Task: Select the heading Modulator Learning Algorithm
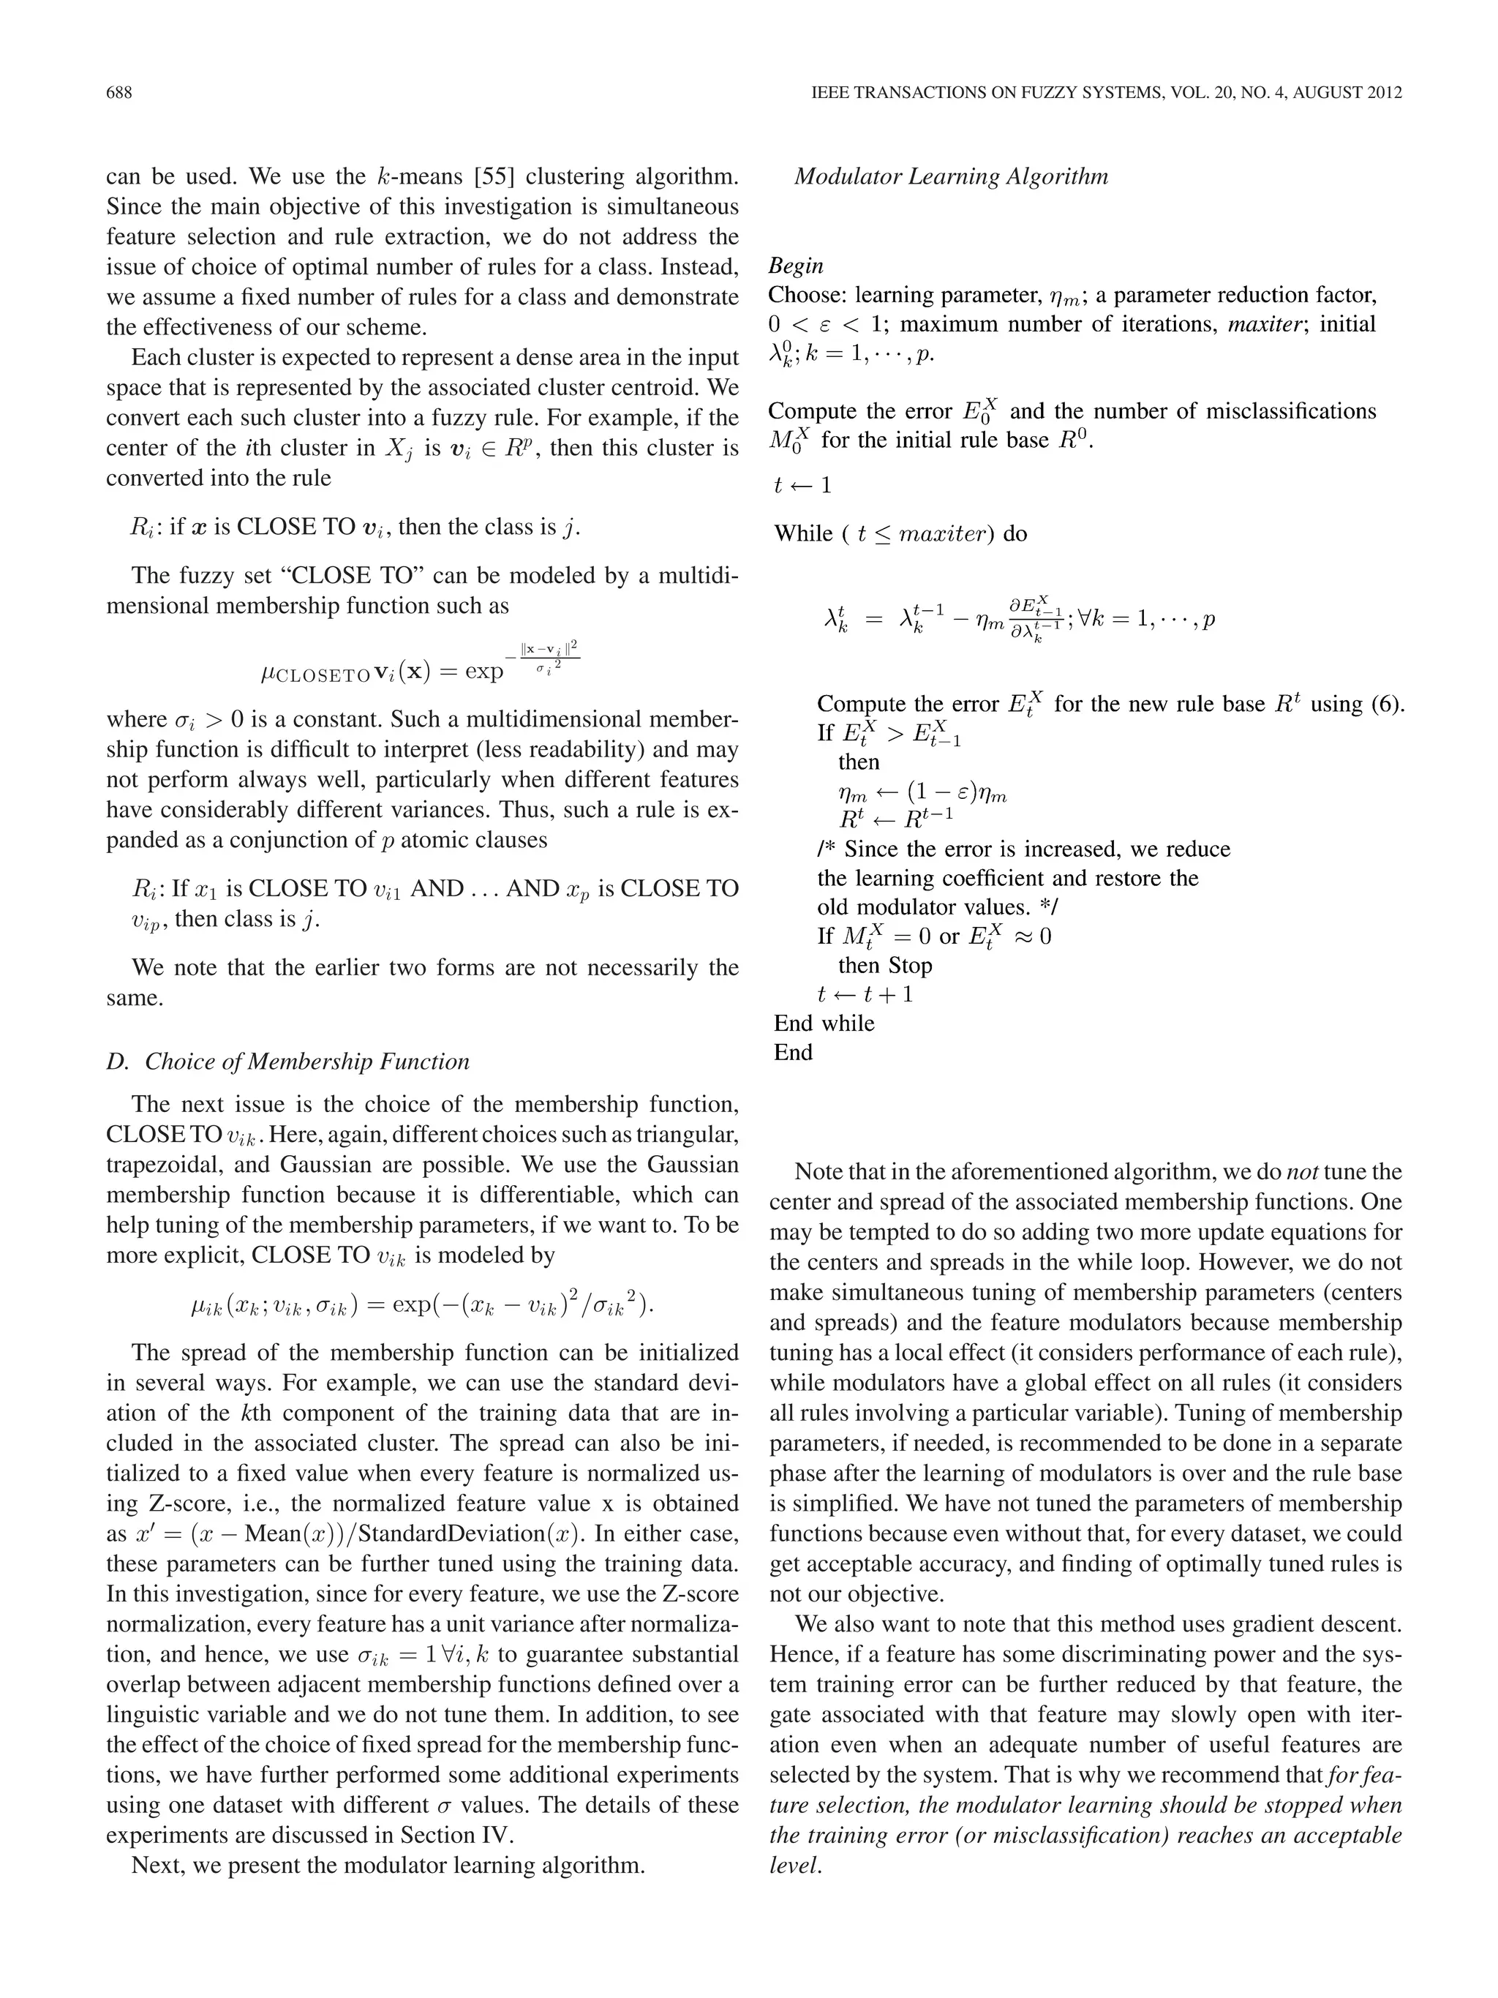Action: pyautogui.click(x=950, y=176)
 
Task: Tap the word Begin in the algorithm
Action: pyautogui.click(x=796, y=266)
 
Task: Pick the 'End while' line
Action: pyautogui.click(x=824, y=1023)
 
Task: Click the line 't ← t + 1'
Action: pyautogui.click(x=864, y=994)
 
